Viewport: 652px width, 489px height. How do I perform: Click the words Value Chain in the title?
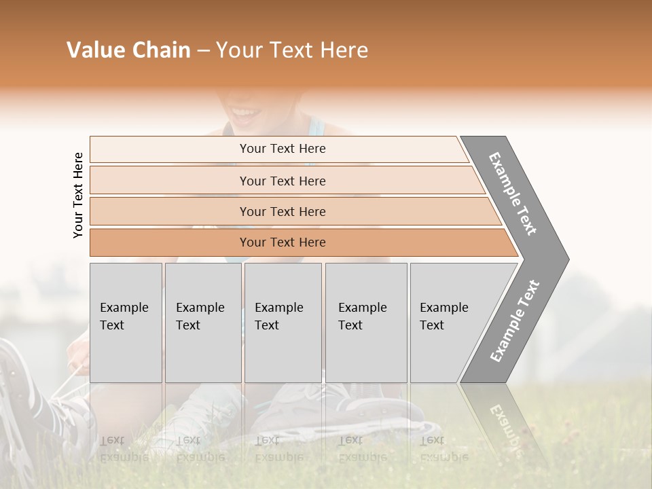(128, 50)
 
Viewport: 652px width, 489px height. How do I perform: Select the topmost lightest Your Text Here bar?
(282, 149)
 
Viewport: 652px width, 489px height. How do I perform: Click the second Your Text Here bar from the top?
(282, 181)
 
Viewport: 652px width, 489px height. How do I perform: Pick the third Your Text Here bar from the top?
(282, 212)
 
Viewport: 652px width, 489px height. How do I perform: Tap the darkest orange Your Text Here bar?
(282, 242)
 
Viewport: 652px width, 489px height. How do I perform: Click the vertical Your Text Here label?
(78, 195)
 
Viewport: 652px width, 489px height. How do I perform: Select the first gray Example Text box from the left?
(125, 323)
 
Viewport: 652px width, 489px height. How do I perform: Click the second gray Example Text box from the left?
(202, 323)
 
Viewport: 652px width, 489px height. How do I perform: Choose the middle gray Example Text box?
(283, 323)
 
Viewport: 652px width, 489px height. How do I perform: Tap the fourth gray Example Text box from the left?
(365, 323)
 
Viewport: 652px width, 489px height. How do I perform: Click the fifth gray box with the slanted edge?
(448, 323)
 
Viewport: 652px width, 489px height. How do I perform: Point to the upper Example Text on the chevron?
(513, 194)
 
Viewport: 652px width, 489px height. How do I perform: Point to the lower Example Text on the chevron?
(515, 321)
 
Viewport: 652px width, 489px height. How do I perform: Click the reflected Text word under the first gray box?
(112, 440)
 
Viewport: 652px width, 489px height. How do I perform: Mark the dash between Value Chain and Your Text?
(203, 51)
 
